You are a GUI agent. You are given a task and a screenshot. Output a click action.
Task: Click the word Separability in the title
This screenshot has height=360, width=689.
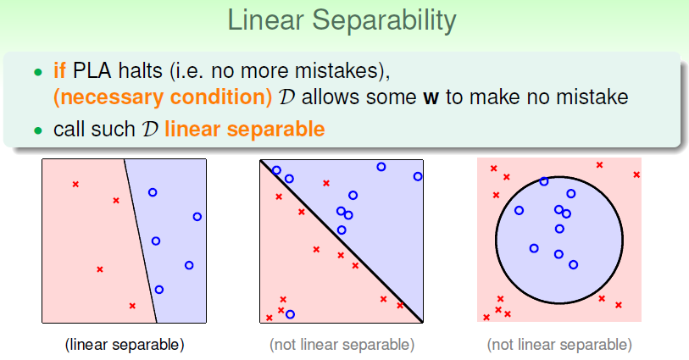(384, 20)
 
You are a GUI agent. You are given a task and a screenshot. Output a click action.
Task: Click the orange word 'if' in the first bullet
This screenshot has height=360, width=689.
(60, 70)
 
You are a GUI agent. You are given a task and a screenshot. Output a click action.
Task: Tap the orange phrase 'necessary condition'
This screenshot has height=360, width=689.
(163, 97)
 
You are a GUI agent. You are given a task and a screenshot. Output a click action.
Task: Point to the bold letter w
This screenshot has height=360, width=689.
(431, 98)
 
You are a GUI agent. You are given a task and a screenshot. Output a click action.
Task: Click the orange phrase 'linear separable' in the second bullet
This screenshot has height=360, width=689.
(245, 130)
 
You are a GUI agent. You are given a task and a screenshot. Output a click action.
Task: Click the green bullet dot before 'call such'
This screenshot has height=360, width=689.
(38, 130)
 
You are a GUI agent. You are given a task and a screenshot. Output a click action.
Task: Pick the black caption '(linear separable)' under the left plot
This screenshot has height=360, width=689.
(125, 345)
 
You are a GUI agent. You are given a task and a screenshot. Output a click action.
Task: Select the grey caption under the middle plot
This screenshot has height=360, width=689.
(342, 345)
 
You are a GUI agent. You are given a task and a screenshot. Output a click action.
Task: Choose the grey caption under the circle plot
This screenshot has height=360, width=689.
(559, 345)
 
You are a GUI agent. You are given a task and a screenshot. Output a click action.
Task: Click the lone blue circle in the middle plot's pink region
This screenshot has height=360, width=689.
(290, 314)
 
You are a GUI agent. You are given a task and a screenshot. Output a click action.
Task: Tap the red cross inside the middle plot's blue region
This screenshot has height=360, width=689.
(326, 183)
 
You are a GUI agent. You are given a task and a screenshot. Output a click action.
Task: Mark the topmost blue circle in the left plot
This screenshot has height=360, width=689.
(153, 192)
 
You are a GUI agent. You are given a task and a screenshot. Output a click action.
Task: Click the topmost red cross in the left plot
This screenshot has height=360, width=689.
(75, 185)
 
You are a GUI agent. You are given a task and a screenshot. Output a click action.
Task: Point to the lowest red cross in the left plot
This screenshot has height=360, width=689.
(132, 306)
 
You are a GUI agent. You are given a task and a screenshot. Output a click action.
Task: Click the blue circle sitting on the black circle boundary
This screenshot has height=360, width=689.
(544, 181)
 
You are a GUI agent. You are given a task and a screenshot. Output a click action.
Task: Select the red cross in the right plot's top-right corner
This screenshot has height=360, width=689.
(636, 174)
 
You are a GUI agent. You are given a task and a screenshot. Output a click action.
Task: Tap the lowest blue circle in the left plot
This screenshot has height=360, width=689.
(159, 290)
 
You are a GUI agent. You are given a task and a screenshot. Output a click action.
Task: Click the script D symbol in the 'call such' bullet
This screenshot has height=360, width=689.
(149, 130)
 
